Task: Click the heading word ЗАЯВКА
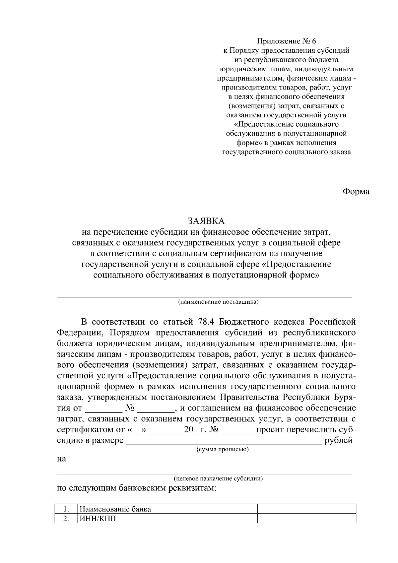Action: tap(206, 221)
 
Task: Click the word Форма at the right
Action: tap(356, 192)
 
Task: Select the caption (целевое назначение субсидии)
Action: tap(218, 478)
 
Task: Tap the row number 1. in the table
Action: tap(66, 509)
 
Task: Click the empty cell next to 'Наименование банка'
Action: tap(306, 509)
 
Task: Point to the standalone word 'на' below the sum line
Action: tap(62, 459)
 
